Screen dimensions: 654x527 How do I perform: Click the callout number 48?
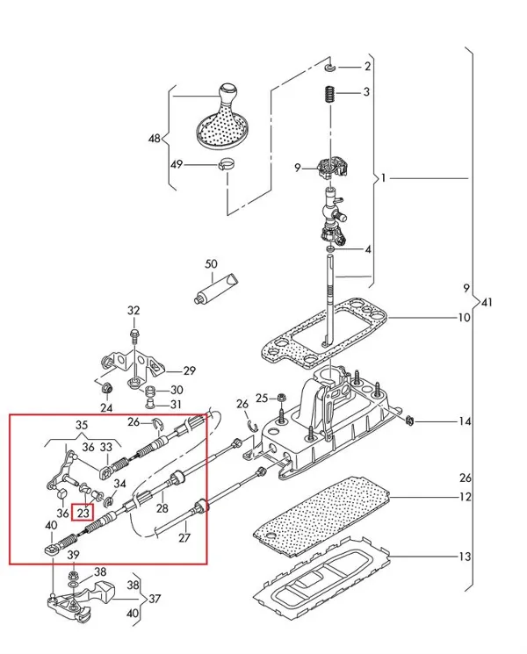(x=155, y=139)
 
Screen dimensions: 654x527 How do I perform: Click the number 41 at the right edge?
(x=488, y=303)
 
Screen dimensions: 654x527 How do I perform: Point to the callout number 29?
(x=189, y=370)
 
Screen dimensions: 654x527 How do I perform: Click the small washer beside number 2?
(x=328, y=67)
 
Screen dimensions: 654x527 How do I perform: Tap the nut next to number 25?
(x=278, y=398)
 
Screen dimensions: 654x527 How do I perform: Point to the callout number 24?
(x=106, y=407)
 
